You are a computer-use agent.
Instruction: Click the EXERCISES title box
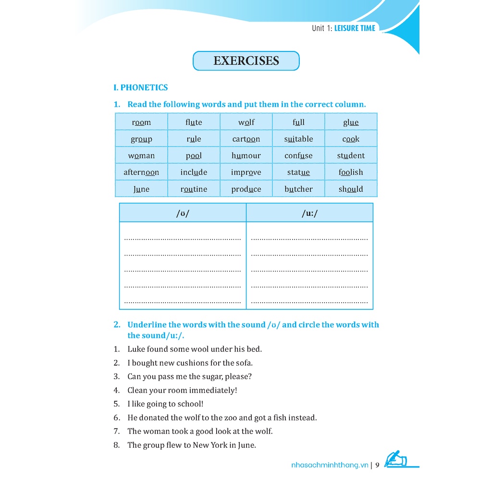[246, 61]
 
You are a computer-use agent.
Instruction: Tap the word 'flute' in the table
[194, 122]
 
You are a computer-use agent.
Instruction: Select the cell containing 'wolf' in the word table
[246, 122]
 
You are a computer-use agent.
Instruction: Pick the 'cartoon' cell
[246, 139]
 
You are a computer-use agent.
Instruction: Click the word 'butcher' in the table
[298, 189]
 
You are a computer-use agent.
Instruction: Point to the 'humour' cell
[246, 156]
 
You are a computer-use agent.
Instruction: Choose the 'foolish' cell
[351, 172]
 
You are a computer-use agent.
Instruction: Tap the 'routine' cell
[194, 189]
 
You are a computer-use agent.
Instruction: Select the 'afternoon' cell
[141, 172]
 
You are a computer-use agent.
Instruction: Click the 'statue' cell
[298, 172]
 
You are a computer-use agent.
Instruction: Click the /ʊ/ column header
[183, 213]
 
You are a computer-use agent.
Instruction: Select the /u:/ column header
[309, 213]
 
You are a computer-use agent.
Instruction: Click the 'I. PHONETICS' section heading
[140, 87]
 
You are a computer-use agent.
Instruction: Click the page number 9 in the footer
[377, 465]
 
